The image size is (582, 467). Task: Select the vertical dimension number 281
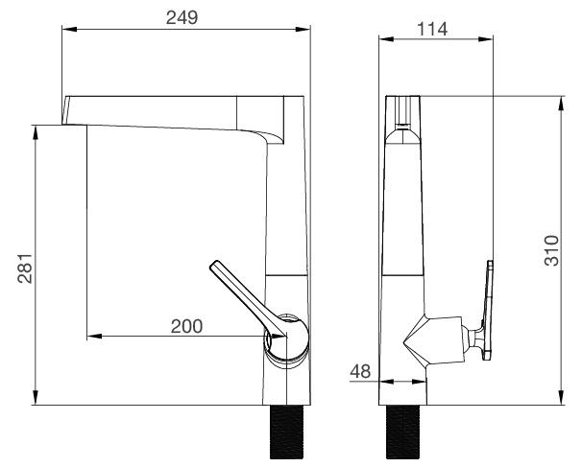[25, 269]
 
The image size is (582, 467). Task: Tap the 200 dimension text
[186, 326]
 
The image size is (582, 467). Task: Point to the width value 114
[436, 29]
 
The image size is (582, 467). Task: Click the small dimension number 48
[360, 371]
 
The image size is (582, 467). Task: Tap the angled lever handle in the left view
[240, 292]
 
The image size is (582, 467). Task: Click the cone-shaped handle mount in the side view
[430, 340]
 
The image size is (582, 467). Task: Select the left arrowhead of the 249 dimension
[66, 30]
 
